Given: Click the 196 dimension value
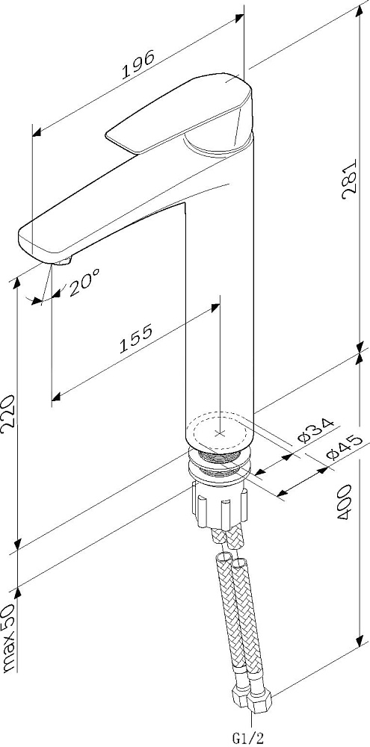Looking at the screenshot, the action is (x=138, y=64).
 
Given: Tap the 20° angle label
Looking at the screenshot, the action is (x=84, y=282).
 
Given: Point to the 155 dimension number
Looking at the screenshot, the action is (x=136, y=338).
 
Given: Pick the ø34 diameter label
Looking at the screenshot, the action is (x=314, y=430).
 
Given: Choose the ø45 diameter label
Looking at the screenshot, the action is (x=342, y=447).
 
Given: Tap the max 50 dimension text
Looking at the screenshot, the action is (x=10, y=639).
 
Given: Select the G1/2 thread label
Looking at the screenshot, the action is (x=248, y=739).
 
